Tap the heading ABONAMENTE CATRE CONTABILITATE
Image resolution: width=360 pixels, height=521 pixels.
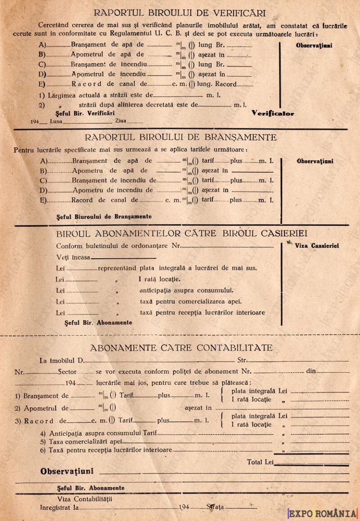coord(181,348)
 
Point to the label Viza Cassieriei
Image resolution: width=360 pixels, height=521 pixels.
coord(317,246)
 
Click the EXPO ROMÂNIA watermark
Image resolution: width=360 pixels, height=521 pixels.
coord(323,513)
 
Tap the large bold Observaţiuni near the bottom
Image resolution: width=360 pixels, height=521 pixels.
coord(67,472)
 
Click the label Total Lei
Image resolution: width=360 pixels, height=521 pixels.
coord(261,462)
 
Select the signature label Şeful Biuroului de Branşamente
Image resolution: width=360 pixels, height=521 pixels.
coord(104,216)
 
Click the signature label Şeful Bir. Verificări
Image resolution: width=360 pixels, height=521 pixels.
coord(85,112)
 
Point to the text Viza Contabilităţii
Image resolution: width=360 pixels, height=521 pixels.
coord(85,499)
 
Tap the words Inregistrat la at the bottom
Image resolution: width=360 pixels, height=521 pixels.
coord(59,507)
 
